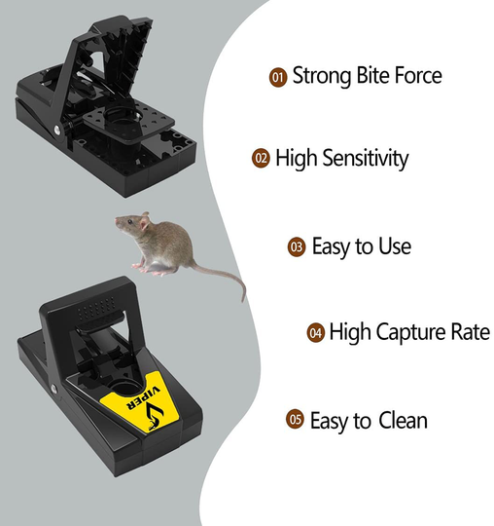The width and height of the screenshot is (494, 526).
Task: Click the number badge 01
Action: point(277,76)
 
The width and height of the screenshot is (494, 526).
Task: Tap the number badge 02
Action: point(260,158)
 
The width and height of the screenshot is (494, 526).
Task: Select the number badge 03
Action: point(297,247)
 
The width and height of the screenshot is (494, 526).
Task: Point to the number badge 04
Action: point(315,333)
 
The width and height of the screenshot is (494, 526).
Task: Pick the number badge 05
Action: point(295,420)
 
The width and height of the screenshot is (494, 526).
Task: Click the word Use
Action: point(394,247)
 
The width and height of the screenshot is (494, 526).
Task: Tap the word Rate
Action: point(467,333)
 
